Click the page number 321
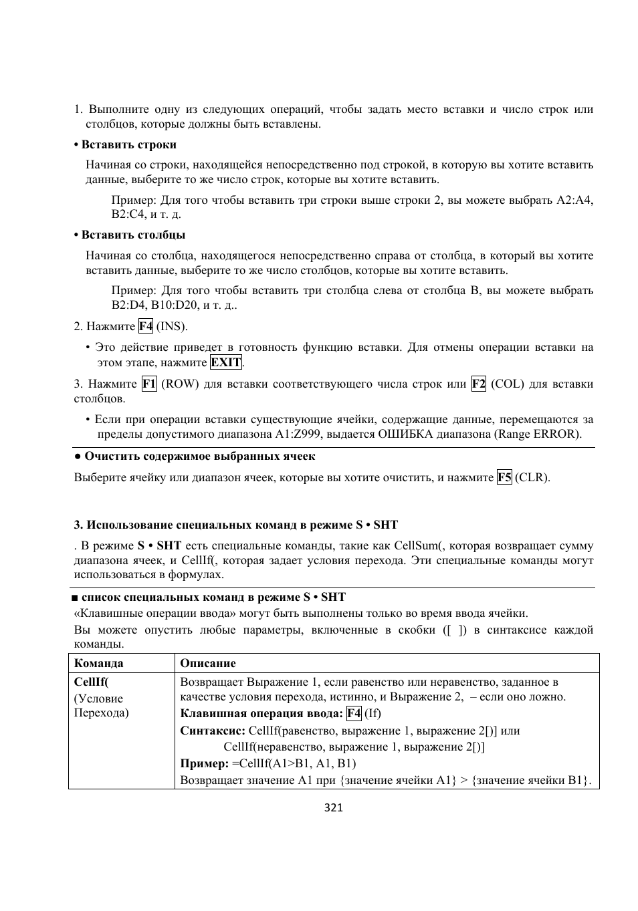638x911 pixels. (x=333, y=807)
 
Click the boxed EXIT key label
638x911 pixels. (x=226, y=362)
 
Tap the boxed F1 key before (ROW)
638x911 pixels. (x=149, y=384)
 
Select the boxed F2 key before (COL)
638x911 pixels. (x=478, y=384)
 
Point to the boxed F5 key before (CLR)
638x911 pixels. (x=504, y=477)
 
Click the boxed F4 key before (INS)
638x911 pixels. (x=146, y=326)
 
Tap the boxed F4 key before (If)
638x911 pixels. (x=354, y=712)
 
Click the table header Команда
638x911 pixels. (x=98, y=663)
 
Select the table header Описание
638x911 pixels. (x=208, y=663)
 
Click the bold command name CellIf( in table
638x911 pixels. (x=91, y=682)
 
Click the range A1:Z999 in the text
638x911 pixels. (x=300, y=434)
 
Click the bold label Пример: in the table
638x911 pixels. (x=205, y=763)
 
